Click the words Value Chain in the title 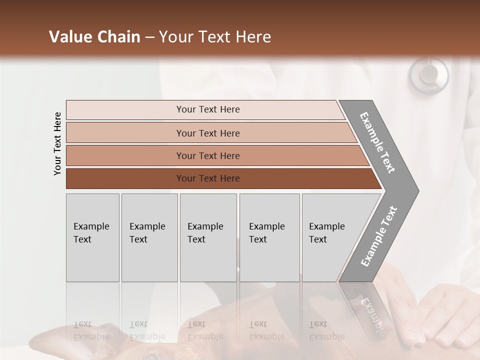point(94,37)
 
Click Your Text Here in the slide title point(215,37)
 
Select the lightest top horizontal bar point(207,109)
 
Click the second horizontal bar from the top point(207,133)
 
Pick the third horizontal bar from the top point(207,155)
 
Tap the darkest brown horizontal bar point(207,178)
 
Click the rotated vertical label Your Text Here point(57,143)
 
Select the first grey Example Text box point(92,237)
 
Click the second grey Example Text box point(149,237)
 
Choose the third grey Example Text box point(208,237)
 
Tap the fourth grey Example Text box point(269,237)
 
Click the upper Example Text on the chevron point(377,142)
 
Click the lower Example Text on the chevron point(379,236)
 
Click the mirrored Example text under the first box point(91,330)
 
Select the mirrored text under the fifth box point(327,330)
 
